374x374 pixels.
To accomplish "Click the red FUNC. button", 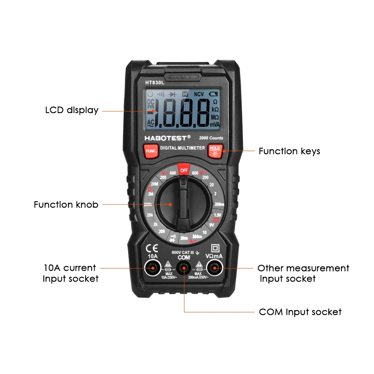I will pyautogui.click(x=151, y=151).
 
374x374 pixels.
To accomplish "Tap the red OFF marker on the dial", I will pyautogui.click(x=183, y=170).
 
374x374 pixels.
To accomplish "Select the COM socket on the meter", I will pyautogui.click(x=184, y=268).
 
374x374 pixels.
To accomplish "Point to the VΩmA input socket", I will pyautogui.click(x=214, y=268).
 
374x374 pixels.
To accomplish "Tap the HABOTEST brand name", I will pyautogui.click(x=168, y=138).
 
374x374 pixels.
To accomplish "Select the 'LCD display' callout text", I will pyautogui.click(x=72, y=110).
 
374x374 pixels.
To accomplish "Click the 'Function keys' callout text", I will pyautogui.click(x=289, y=151).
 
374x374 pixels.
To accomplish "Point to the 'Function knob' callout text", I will pyautogui.click(x=66, y=205).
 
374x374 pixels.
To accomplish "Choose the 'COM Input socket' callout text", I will pyautogui.click(x=300, y=312).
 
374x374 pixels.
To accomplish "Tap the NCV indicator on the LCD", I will pyautogui.click(x=199, y=94).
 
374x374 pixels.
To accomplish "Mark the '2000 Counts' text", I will pyautogui.click(x=211, y=138).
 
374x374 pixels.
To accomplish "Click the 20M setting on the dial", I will pyautogui.click(x=155, y=184).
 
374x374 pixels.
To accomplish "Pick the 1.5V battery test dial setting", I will pyautogui.click(x=217, y=215).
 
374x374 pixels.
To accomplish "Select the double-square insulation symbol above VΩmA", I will pyautogui.click(x=215, y=248).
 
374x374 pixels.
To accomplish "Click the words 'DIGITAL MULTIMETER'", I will pyautogui.click(x=183, y=148).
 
